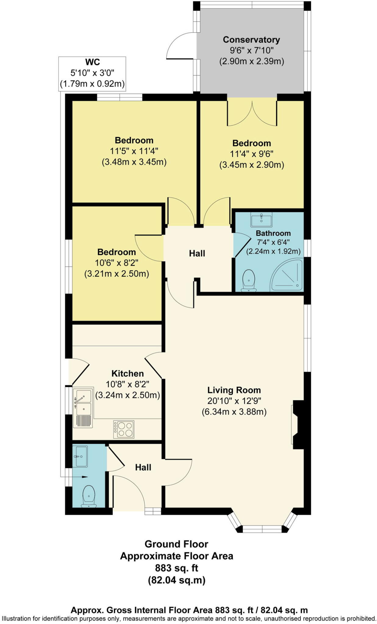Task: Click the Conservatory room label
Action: pos(251,40)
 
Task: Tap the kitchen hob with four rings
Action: pos(124,429)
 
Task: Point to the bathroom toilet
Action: pos(249,280)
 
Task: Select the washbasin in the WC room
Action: pos(81,456)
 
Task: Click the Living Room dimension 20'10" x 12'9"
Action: pos(234,401)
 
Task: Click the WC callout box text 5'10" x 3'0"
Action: pos(92,73)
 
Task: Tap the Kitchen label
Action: pos(127,374)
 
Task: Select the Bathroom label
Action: pos(273,233)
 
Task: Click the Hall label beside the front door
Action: pos(143,467)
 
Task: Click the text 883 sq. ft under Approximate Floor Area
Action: pos(176,568)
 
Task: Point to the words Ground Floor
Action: pos(176,544)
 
